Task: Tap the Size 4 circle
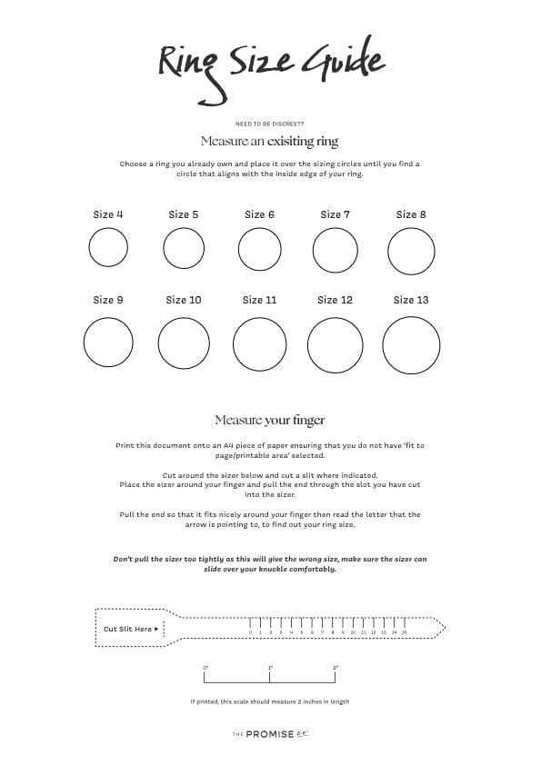[x=108, y=247]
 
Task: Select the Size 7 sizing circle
[x=335, y=250]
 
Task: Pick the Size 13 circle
[x=411, y=345]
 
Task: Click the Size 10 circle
[x=184, y=344]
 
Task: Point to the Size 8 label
[x=411, y=214]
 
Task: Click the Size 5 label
[x=183, y=214]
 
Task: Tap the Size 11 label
[x=259, y=300]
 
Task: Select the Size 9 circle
[x=108, y=343]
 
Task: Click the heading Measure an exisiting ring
[x=269, y=142]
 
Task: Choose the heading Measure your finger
[x=269, y=420]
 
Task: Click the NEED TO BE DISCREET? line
[x=269, y=124]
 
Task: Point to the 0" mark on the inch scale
[x=205, y=669]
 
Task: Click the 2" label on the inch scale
[x=336, y=669]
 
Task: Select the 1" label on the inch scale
[x=270, y=669]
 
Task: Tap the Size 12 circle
[x=336, y=345]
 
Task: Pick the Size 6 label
[x=259, y=214]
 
